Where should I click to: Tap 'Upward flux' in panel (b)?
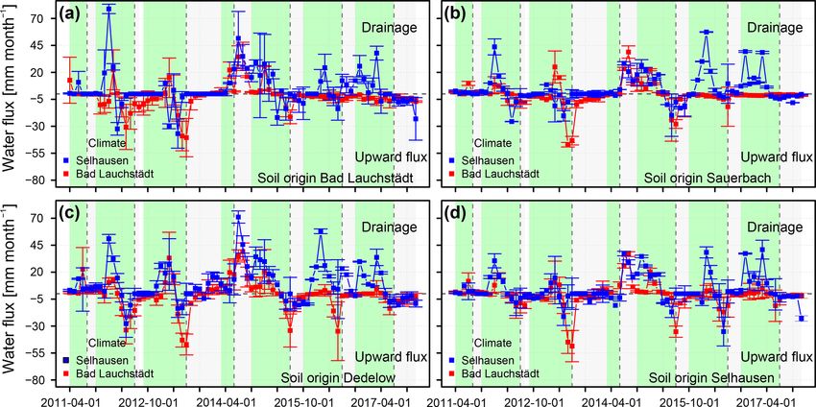point(776,156)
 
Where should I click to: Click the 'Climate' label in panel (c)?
point(106,342)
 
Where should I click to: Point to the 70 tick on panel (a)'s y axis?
point(43,18)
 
